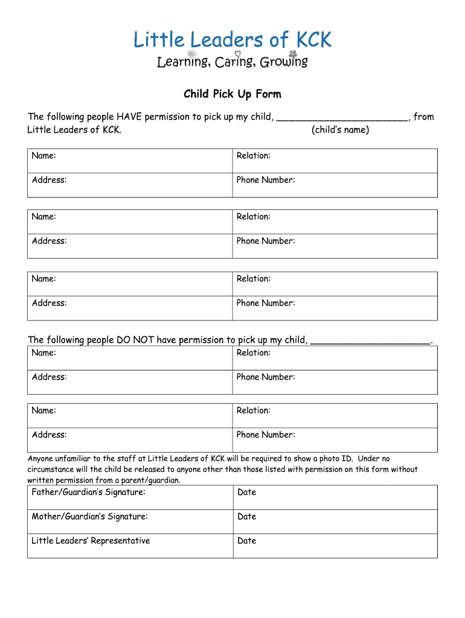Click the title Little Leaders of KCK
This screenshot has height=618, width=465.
click(x=232, y=40)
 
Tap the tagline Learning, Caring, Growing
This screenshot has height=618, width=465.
click(x=232, y=62)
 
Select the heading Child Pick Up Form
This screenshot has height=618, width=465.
click(x=232, y=94)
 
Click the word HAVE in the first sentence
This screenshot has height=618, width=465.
click(x=129, y=117)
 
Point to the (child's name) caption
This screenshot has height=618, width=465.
click(x=341, y=130)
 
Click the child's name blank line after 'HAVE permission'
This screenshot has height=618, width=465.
click(x=342, y=118)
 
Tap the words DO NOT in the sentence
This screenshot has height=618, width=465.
click(x=132, y=340)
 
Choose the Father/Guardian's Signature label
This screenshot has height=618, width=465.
click(x=88, y=492)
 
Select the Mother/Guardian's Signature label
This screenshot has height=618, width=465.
click(x=89, y=517)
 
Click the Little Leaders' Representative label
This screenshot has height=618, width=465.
click(x=91, y=541)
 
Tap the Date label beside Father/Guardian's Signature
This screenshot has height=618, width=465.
click(x=246, y=492)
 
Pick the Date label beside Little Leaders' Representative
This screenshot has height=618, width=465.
click(x=246, y=541)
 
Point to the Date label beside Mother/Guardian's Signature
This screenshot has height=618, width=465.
click(x=246, y=517)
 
